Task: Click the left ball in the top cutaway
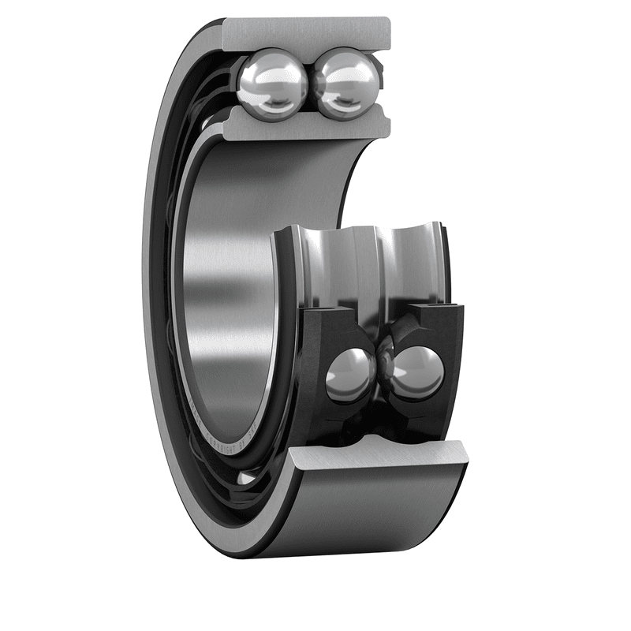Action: tap(271, 81)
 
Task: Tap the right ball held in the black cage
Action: tap(416, 372)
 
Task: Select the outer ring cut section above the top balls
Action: tap(308, 32)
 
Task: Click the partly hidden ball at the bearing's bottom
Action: tap(246, 477)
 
